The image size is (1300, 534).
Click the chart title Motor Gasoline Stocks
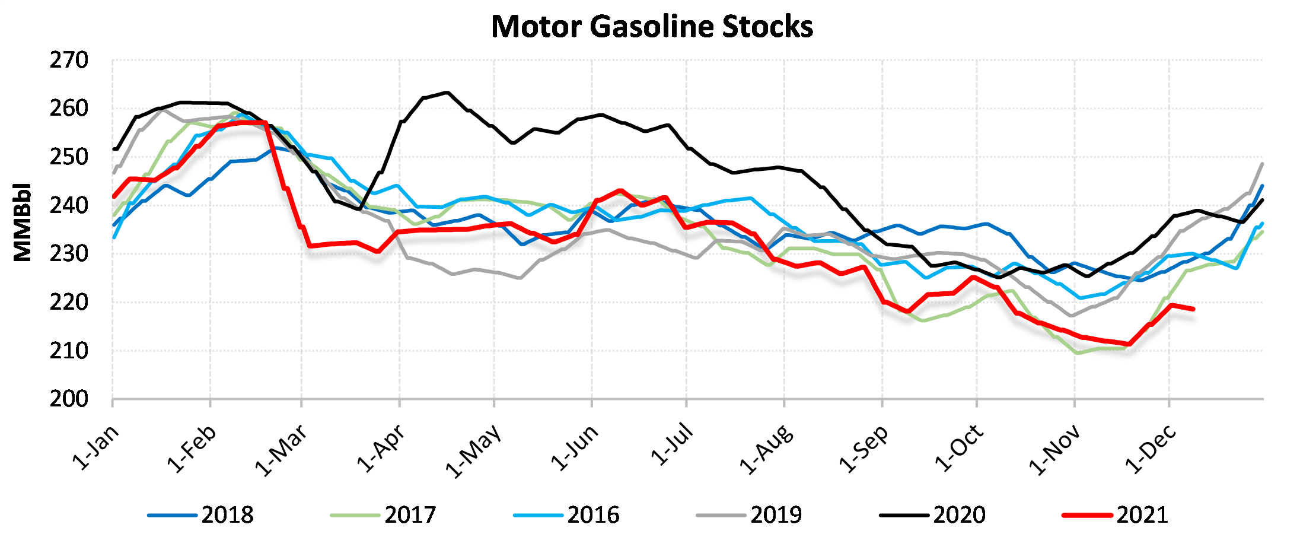click(x=652, y=27)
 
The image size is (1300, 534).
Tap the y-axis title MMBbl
click(x=23, y=222)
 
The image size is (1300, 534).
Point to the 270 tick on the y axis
click(x=69, y=60)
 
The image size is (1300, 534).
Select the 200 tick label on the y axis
click(x=69, y=399)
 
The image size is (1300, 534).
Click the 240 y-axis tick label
click(x=69, y=205)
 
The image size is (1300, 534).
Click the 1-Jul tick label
click(x=672, y=445)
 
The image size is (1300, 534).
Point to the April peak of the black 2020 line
click(x=447, y=93)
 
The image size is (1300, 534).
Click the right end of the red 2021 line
click(x=1193, y=309)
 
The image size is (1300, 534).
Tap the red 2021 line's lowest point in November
click(x=1129, y=344)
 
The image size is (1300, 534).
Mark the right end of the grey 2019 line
click(x=1262, y=164)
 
